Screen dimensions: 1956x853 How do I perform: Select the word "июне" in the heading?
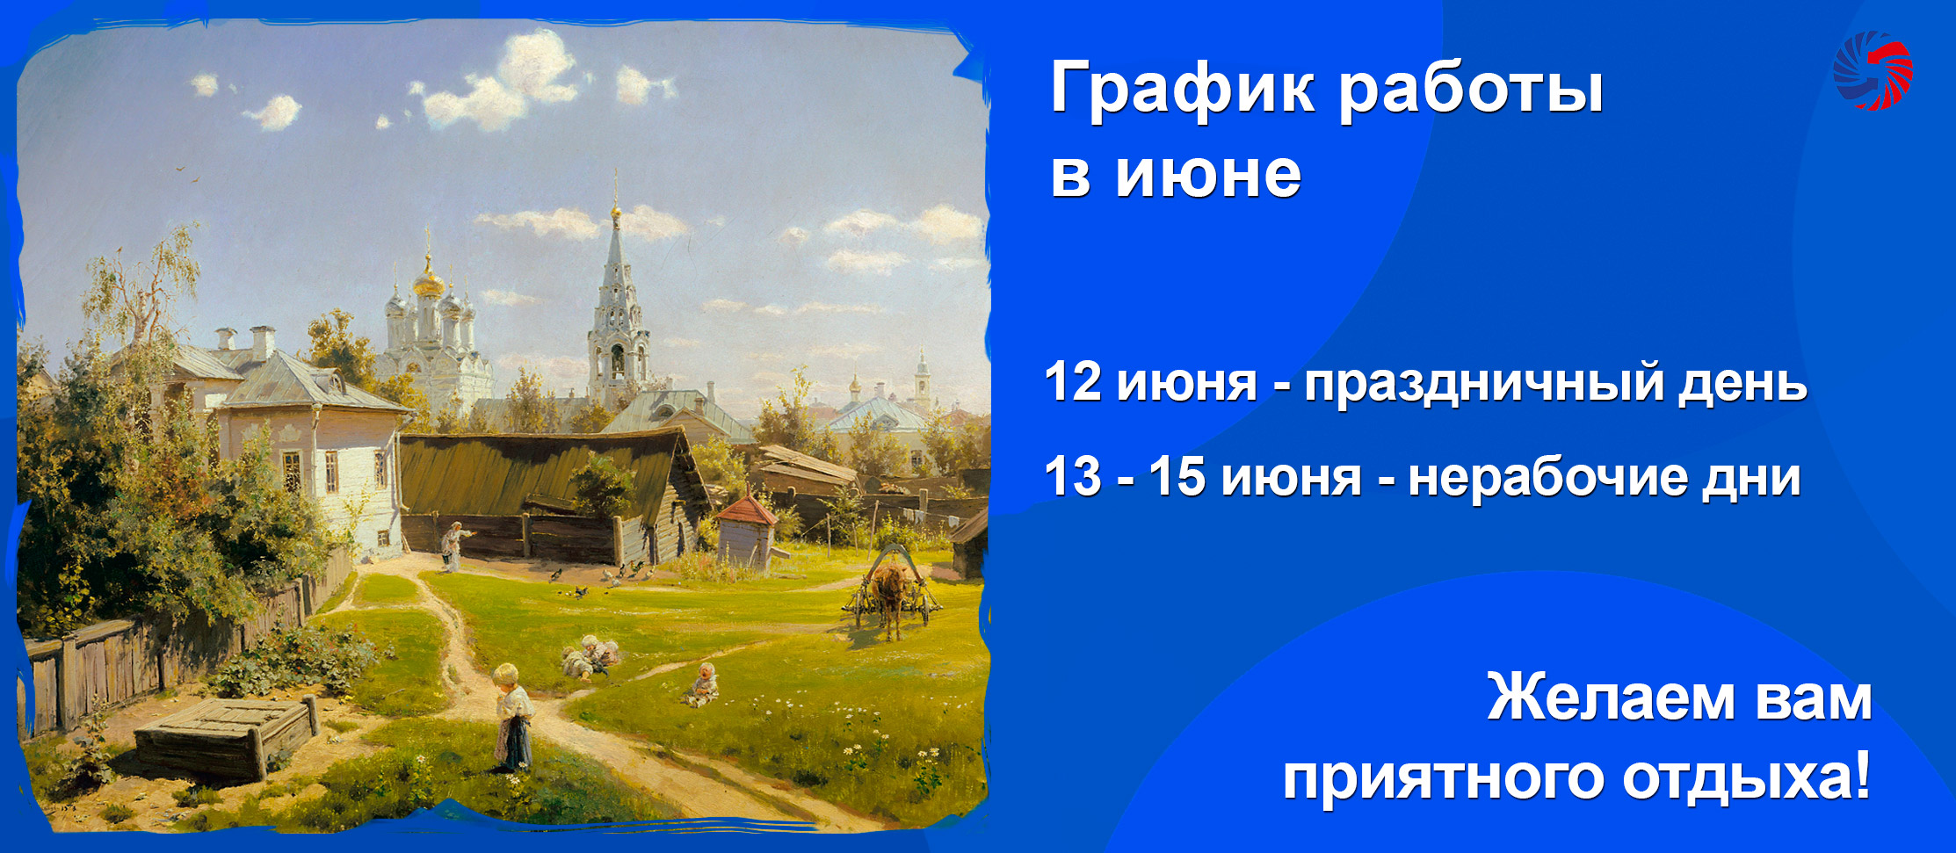coord(1208,174)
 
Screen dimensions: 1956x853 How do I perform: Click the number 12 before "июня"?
coord(1073,382)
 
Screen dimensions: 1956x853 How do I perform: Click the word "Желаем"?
coord(1612,698)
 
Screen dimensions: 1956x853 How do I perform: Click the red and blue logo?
coord(1873,70)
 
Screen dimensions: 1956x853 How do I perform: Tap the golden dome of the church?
coord(429,282)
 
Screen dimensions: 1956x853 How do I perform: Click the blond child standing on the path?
coord(512,717)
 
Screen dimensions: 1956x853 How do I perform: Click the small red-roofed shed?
coord(746,532)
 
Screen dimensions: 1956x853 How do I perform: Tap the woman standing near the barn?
coord(453,546)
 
